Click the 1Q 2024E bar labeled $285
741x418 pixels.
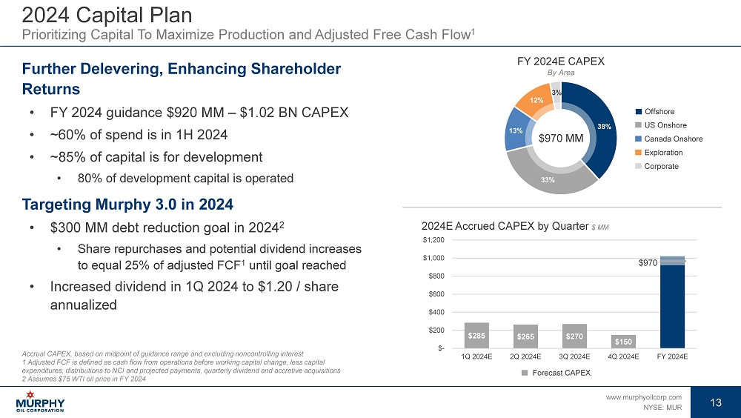pyautogui.click(x=476, y=335)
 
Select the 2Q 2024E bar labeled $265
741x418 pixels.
pyautogui.click(x=525, y=336)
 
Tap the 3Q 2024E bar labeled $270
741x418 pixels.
pyautogui.click(x=574, y=336)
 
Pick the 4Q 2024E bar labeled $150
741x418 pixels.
pyautogui.click(x=623, y=341)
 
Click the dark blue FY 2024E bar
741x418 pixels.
pyautogui.click(x=672, y=304)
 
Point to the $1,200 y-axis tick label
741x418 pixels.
pyautogui.click(x=435, y=240)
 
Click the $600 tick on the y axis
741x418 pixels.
pyautogui.click(x=437, y=294)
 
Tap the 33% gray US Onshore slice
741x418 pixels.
pyautogui.click(x=550, y=175)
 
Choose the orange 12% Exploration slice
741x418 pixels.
pyautogui.click(x=536, y=102)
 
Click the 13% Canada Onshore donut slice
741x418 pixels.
pyautogui.click(x=515, y=130)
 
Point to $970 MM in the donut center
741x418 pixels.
pyautogui.click(x=560, y=138)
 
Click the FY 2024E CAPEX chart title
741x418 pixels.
pyautogui.click(x=560, y=62)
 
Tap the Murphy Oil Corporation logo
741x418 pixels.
pyautogui.click(x=40, y=405)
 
